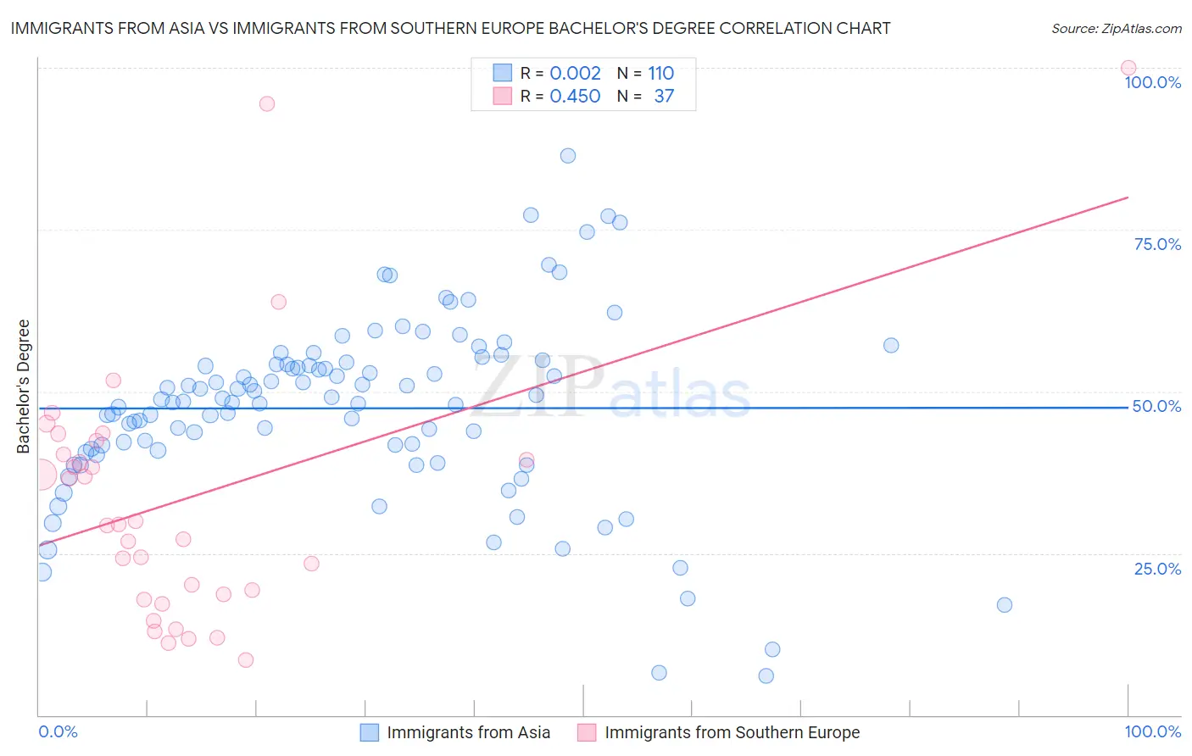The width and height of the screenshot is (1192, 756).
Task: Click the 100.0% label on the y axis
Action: [x=1152, y=82]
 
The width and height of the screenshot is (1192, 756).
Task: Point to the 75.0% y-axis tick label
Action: [x=1157, y=244]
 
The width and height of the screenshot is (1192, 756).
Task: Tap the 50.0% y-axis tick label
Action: [x=1156, y=406]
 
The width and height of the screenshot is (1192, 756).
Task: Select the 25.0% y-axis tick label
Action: [x=1157, y=569]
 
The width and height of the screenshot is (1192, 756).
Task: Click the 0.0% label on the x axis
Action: [x=58, y=731]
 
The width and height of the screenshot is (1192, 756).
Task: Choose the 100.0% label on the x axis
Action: [x=1152, y=731]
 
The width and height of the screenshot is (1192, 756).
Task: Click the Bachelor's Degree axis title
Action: [x=23, y=386]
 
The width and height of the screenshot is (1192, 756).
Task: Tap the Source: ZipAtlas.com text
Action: [x=1116, y=28]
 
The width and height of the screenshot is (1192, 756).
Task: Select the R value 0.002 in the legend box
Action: [x=575, y=73]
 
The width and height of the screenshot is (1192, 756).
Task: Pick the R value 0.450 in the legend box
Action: [x=575, y=96]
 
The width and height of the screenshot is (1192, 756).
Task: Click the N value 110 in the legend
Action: [x=660, y=73]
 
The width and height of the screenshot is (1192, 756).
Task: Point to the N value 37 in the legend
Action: [x=664, y=96]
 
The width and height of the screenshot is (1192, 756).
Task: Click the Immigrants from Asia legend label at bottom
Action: [x=468, y=732]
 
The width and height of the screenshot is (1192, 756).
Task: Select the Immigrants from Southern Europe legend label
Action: [x=732, y=732]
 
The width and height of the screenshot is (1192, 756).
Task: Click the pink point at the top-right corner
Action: [x=1128, y=68]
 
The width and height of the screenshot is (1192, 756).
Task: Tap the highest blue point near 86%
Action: [x=568, y=156]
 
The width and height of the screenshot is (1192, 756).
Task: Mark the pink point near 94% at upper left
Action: [x=267, y=103]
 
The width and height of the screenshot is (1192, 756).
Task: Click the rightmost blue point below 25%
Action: [x=1005, y=604]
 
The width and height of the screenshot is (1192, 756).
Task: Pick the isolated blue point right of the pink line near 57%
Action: [x=891, y=345]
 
